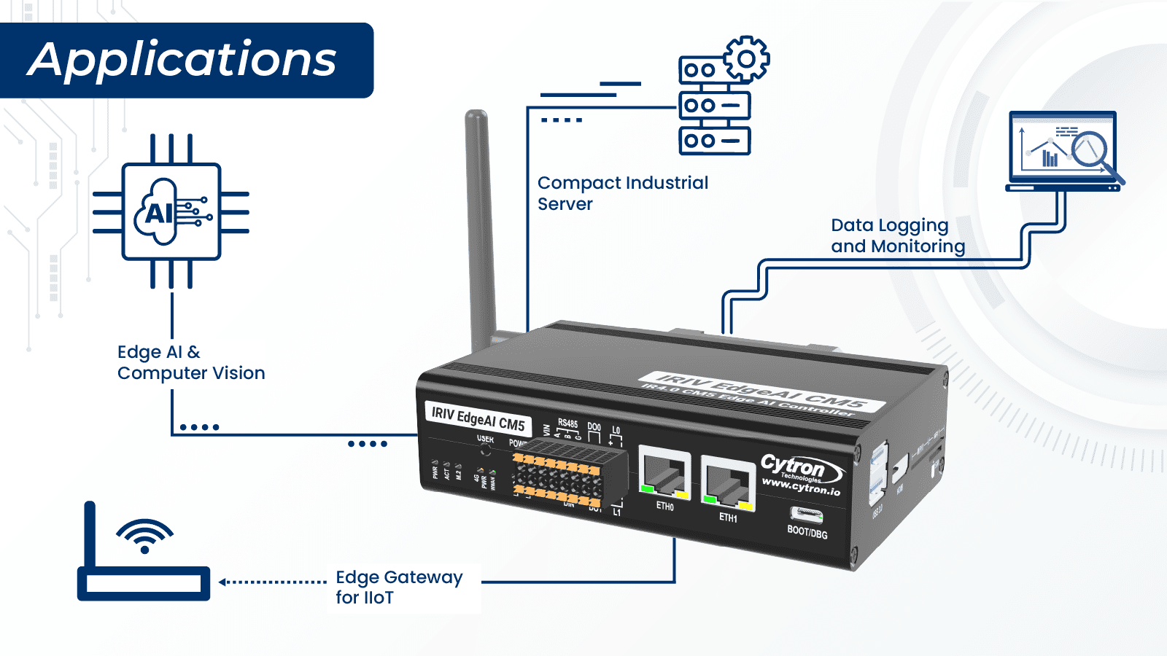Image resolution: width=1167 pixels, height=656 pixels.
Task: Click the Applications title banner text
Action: coord(182,60)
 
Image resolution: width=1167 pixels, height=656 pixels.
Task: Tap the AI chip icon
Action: coord(171,211)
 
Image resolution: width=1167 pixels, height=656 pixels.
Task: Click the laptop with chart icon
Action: coord(1063,152)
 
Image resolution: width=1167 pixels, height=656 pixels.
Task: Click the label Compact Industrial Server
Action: coord(622,193)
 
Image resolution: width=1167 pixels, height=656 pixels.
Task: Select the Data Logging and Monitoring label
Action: coord(897,236)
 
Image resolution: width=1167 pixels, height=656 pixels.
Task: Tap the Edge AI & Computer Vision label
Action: coord(190,362)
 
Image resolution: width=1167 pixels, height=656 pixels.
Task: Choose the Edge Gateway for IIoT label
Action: coord(398,587)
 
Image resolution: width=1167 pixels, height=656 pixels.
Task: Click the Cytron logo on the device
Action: coord(801,474)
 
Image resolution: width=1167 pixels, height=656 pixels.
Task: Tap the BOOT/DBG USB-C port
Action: coord(807,515)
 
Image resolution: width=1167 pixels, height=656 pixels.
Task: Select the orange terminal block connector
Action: coord(557,478)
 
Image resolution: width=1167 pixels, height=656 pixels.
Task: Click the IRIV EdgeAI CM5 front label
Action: coord(478,418)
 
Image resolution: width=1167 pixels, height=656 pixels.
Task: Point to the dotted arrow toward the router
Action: coord(273,582)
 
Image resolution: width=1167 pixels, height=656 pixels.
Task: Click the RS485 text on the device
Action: coord(567,423)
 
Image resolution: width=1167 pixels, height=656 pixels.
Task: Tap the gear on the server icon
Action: coord(746,58)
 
